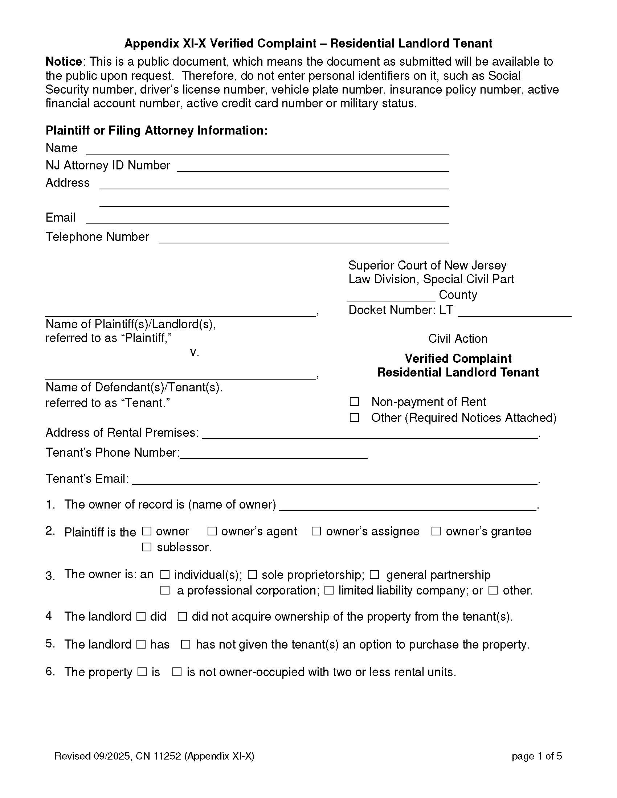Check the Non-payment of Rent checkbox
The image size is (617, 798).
(354, 402)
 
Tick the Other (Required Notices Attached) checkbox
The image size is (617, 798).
(354, 417)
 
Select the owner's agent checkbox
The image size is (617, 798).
(212, 531)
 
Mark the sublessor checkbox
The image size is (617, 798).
(147, 547)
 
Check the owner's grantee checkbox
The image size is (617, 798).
(436, 531)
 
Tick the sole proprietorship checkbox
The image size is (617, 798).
(252, 575)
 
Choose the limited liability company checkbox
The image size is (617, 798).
(328, 591)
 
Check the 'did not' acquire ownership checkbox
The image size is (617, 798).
(182, 617)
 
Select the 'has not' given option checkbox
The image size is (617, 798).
(185, 645)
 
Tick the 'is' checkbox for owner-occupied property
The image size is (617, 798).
(142, 672)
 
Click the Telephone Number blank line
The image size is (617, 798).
(303, 238)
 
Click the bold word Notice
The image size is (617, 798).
(63, 61)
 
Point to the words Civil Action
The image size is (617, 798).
(458, 339)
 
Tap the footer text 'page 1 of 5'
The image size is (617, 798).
(536, 756)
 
